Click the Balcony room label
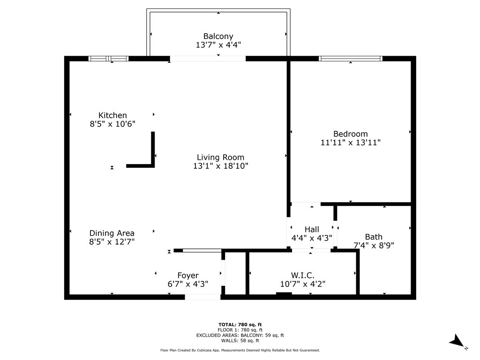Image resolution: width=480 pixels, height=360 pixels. [218, 36]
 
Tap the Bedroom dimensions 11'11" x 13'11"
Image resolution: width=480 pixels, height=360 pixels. [350, 142]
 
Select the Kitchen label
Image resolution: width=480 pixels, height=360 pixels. [112, 115]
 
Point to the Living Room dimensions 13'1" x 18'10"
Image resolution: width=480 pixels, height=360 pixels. [220, 166]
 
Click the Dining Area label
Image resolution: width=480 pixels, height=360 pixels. [112, 233]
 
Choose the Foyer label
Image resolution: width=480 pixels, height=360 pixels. [187, 275]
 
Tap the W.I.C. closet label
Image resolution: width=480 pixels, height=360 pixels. [302, 275]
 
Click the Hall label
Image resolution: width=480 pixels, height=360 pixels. [312, 229]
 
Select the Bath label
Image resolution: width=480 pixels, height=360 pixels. [374, 237]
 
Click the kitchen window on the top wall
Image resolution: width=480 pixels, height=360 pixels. [108, 59]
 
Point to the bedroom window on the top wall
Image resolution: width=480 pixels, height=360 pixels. [351, 59]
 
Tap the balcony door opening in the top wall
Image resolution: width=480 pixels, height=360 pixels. [208, 59]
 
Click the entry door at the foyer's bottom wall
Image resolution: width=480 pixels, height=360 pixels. [202, 297]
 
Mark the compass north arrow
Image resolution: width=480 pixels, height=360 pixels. [457, 342]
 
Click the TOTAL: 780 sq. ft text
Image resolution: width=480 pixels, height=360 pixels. [240, 324]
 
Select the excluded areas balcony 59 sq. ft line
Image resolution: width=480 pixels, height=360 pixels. [240, 335]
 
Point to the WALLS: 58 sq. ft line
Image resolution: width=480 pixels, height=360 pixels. [240, 340]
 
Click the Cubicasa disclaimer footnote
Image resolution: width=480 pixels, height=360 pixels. [240, 350]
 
